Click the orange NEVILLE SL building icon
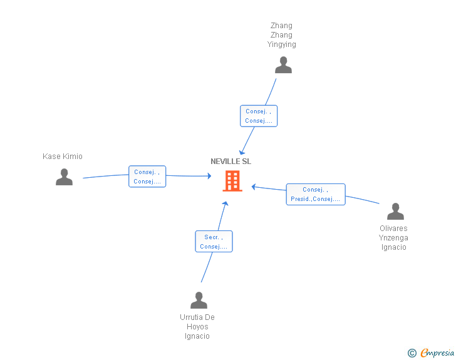[x=232, y=181]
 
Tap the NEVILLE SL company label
[x=231, y=162]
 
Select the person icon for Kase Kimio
[x=64, y=177]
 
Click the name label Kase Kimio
[x=63, y=157]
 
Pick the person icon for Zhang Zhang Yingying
[x=283, y=65]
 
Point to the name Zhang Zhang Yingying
[x=282, y=35]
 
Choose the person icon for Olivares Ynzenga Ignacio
[x=395, y=212]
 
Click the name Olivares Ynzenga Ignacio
[x=394, y=238]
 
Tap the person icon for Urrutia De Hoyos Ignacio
[x=199, y=301]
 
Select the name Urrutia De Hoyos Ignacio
[x=197, y=327]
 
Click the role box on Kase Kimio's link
[x=147, y=177]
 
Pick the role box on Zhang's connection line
[x=259, y=116]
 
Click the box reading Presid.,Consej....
[x=316, y=195]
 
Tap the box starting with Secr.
[x=214, y=242]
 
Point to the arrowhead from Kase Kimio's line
[x=209, y=177]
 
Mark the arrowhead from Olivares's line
[x=254, y=187]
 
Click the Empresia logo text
[x=437, y=353]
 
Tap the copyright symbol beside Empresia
[x=412, y=353]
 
